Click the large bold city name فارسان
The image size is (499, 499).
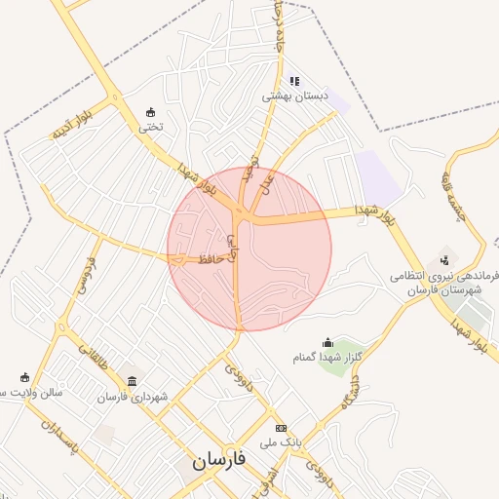pos(214,461)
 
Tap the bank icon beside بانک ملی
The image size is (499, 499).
pos(282,428)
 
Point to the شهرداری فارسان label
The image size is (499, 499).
pos(133,397)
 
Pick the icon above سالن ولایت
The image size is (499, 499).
pos(24,377)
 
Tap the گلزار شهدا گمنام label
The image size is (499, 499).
pos(327,358)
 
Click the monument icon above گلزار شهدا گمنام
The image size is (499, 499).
pos(327,342)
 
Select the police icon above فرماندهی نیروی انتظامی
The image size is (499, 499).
pos(443,259)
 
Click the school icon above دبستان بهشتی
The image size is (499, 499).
pos(294,81)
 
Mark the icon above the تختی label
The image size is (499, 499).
pos(149,111)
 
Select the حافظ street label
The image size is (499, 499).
pos(214,258)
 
